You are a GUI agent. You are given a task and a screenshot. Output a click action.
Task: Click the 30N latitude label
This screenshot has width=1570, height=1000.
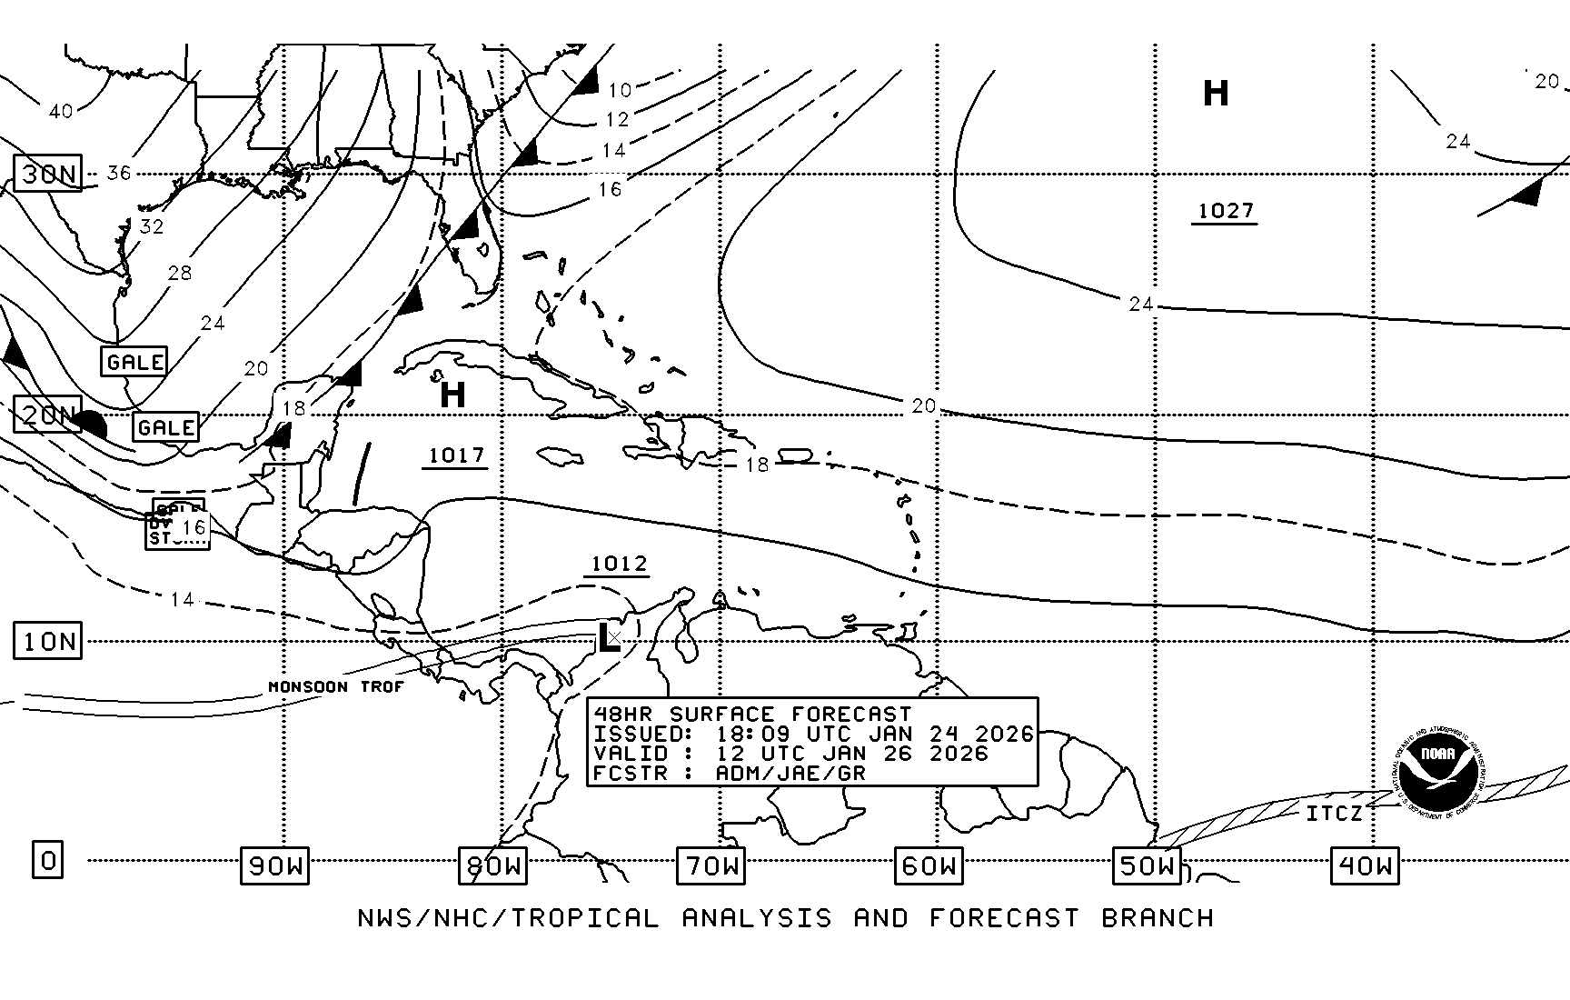coord(48,174)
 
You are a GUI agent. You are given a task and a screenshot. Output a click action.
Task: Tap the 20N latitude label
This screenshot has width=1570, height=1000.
coord(48,415)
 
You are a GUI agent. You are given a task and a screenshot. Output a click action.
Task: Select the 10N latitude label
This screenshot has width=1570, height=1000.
coord(48,642)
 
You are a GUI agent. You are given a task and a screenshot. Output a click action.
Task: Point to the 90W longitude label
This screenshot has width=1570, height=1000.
coord(274,866)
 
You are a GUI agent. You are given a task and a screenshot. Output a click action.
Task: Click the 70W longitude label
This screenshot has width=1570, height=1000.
coord(710,866)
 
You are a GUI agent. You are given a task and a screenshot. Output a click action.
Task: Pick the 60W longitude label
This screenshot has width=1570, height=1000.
coord(929,866)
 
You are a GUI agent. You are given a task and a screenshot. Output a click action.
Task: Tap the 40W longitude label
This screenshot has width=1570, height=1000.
coord(1365,866)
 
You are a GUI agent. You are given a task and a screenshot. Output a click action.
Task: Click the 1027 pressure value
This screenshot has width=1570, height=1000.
coord(1225,211)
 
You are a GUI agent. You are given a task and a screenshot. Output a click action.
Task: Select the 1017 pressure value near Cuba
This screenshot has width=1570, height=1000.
coord(455,455)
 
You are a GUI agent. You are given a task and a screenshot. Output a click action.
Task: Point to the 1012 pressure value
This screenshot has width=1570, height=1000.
coord(619,564)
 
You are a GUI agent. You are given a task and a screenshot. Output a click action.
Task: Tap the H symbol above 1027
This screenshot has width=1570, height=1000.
coord(1216,93)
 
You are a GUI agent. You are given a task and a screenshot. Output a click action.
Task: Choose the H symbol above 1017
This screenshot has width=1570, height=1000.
coord(452,395)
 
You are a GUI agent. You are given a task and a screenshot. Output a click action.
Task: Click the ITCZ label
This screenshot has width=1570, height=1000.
coord(1334,814)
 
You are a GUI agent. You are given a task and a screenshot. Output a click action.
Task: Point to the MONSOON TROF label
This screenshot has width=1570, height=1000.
coord(335,686)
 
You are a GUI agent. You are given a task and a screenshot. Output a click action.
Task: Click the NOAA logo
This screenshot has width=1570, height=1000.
coord(1438,772)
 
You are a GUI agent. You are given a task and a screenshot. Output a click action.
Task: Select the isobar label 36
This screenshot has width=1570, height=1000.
coord(119,173)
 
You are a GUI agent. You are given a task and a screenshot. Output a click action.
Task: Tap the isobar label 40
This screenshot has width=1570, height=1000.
coord(61,111)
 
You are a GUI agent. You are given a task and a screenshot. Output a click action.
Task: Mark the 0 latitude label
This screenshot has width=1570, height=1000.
coord(48,860)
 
